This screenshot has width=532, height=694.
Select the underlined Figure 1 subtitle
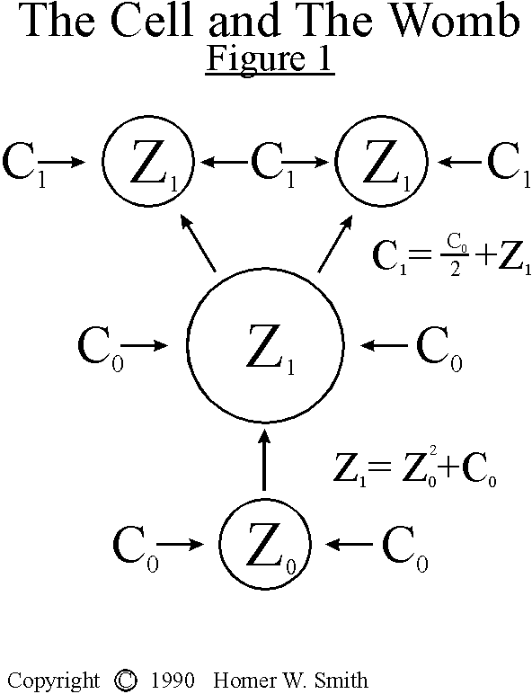click(x=270, y=60)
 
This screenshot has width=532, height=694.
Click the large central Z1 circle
click(x=265, y=344)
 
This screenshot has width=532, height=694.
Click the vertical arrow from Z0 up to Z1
click(x=264, y=458)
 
